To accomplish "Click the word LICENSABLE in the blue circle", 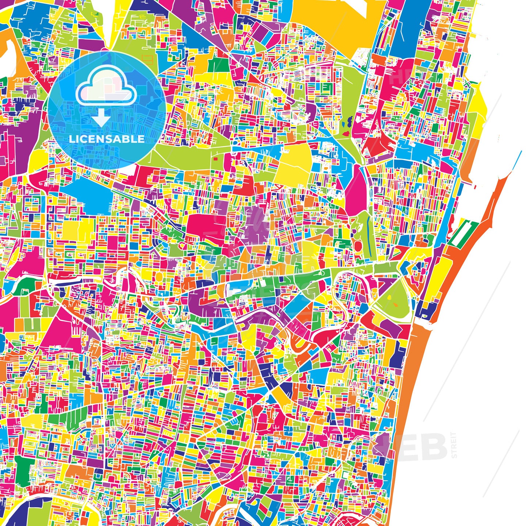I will [106, 139].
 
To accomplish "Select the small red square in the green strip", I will [215, 159].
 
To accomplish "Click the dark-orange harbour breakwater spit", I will [493, 205].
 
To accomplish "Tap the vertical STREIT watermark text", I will [454, 445].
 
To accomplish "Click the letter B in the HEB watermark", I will [435, 446].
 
